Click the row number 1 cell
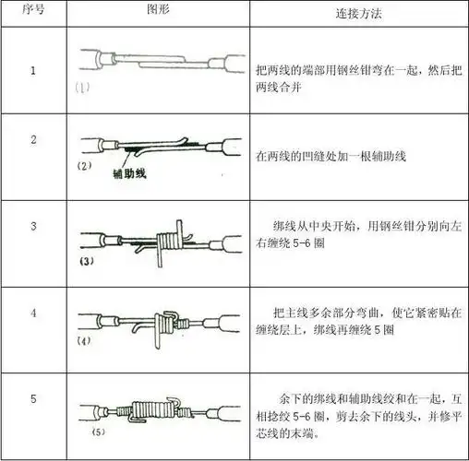pyautogui.click(x=33, y=71)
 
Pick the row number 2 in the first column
pyautogui.click(x=33, y=140)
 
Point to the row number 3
pyautogui.click(x=33, y=226)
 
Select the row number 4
pyautogui.click(x=33, y=313)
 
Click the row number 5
pyautogui.click(x=33, y=399)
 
